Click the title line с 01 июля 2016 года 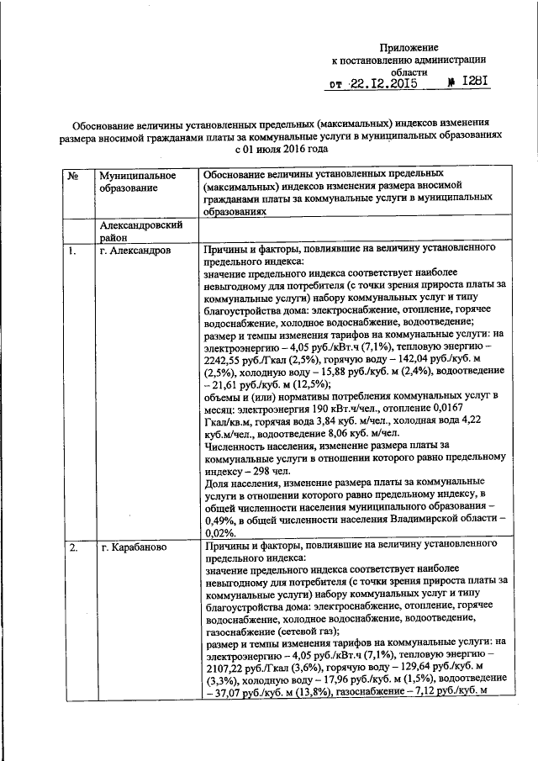268,148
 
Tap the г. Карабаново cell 132,548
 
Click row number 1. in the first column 73,251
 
